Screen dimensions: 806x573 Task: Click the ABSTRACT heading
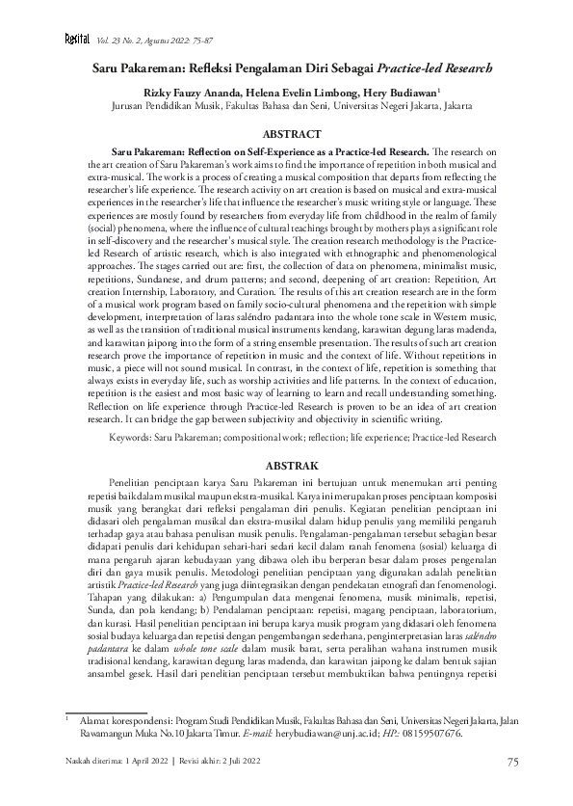point(286,137)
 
